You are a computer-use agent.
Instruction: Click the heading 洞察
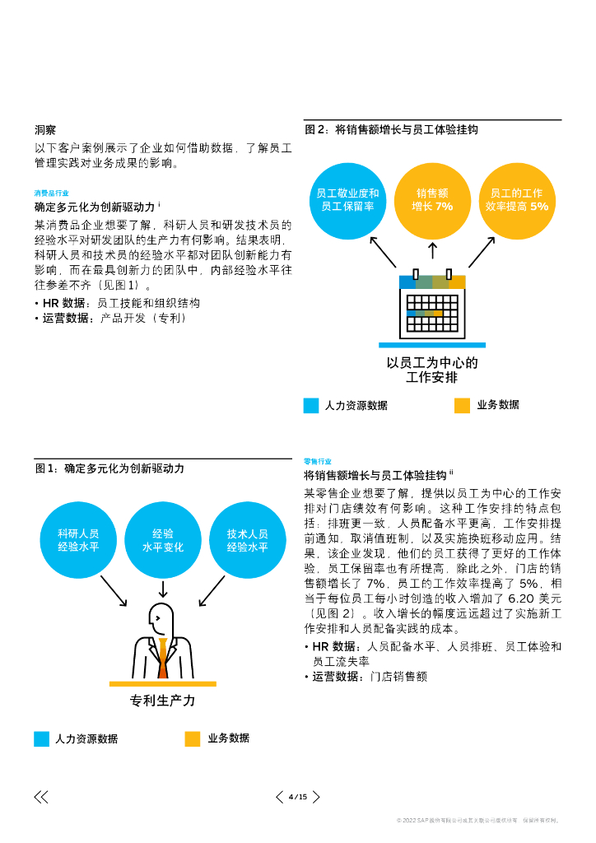point(45,130)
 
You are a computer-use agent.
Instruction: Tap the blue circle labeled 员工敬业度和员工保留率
point(347,200)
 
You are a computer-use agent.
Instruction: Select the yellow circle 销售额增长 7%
point(432,200)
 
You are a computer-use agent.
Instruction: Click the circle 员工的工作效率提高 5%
point(516,200)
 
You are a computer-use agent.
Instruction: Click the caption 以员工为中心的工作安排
point(432,370)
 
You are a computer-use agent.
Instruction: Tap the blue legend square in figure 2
point(311,405)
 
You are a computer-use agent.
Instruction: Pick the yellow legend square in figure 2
point(462,405)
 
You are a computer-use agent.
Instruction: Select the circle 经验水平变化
point(163,539)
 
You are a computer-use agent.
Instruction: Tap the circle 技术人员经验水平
point(248,539)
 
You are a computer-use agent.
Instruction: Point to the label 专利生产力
point(163,701)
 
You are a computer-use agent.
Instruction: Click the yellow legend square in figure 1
point(193,738)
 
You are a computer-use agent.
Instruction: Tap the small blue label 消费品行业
point(52,193)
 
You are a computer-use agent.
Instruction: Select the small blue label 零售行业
point(318,462)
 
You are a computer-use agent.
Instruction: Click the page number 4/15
point(298,797)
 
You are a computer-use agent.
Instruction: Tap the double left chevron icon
point(40,797)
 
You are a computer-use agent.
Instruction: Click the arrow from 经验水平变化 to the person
point(163,589)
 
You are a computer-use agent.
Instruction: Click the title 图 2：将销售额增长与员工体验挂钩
point(391,129)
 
